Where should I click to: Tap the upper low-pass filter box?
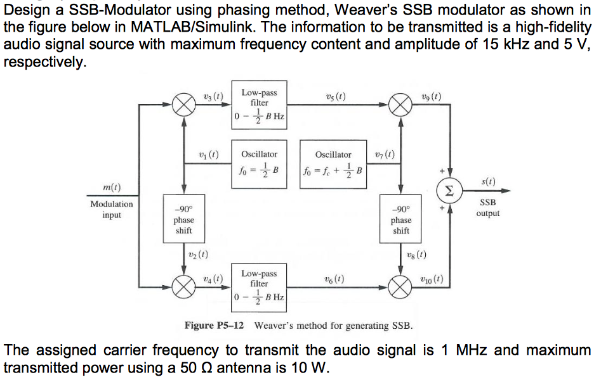pyautogui.click(x=259, y=105)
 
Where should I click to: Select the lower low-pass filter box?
pyautogui.click(x=259, y=286)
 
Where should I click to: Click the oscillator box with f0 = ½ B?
pyautogui.click(x=259, y=163)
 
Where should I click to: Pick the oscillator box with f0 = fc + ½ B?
pyautogui.click(x=333, y=163)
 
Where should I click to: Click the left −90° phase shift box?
pyautogui.click(x=184, y=219)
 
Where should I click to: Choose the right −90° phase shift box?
pyautogui.click(x=400, y=219)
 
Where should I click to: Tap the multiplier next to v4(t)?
pyautogui.click(x=184, y=287)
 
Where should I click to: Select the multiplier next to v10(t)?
pyautogui.click(x=400, y=287)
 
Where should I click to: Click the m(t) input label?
pyautogui.click(x=112, y=187)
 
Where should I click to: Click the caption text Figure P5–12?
pyautogui.click(x=214, y=326)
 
